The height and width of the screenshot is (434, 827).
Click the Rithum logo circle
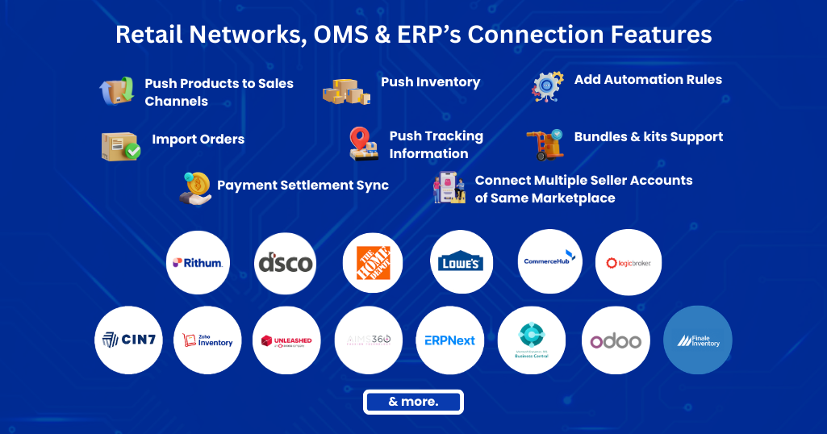pos(198,262)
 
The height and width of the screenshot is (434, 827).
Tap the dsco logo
pos(286,262)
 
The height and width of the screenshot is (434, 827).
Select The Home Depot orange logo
pos(373,262)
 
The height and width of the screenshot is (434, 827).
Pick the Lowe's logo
pos(462,262)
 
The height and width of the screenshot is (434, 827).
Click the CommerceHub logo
pos(549,261)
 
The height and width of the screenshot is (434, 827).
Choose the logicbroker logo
pos(629,262)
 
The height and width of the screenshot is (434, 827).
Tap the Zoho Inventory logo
pos(207,340)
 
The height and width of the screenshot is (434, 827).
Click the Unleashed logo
pos(286,340)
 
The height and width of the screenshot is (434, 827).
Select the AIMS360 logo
pos(368,340)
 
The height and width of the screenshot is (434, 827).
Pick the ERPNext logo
pos(450,340)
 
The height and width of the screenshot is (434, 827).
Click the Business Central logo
pos(531,340)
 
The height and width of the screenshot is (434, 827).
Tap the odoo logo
pos(616,340)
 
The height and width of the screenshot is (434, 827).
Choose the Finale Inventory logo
pos(698,340)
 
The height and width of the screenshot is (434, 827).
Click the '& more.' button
pos(413,402)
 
